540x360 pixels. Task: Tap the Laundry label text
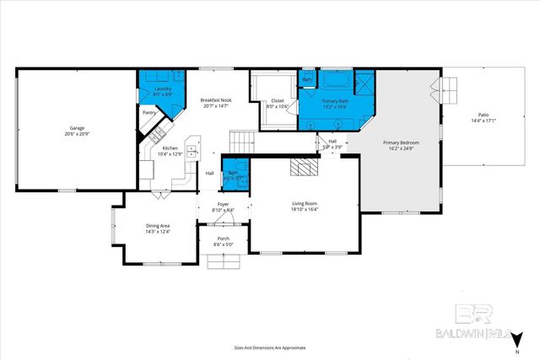163,89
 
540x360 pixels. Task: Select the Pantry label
149,112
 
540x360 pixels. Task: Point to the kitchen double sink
193,152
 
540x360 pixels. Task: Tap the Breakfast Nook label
216,99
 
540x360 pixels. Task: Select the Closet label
278,100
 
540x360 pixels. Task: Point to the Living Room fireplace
301,167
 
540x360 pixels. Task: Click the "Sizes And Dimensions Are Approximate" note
270,347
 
